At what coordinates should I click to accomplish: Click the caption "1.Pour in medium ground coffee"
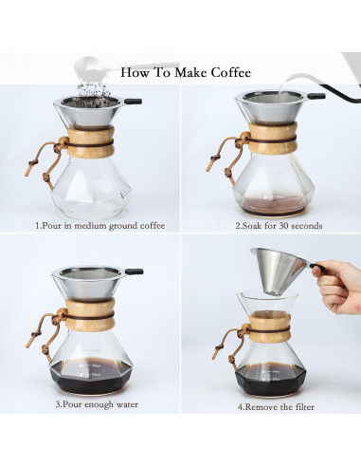99,226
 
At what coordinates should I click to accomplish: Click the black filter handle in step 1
134,100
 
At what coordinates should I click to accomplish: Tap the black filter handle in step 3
134,271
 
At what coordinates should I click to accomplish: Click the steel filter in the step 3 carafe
91,283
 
